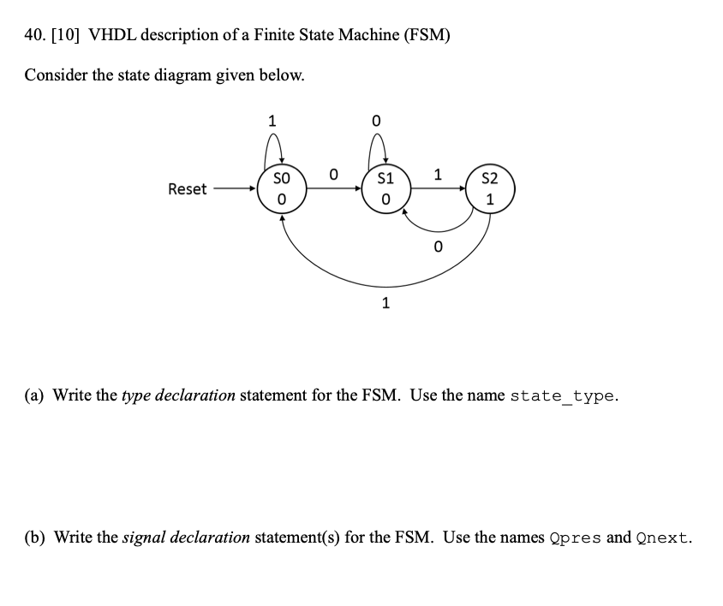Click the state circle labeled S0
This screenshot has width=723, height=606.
pos(280,188)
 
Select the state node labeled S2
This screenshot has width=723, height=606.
pos(489,188)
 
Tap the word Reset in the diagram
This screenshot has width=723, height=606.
pos(187,189)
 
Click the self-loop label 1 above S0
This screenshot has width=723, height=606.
pos(272,121)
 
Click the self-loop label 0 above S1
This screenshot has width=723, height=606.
pos(376,121)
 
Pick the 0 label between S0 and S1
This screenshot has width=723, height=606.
pos(333,175)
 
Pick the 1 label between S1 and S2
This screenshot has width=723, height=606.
pos(438,175)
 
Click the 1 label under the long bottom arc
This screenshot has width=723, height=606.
pos(385,302)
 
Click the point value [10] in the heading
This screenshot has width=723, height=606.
pos(69,35)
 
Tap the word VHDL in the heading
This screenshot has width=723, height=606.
pos(113,35)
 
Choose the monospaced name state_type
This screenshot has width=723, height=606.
pos(562,395)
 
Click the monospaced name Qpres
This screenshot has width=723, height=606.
pos(574,538)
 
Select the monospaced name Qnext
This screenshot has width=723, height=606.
pos(664,538)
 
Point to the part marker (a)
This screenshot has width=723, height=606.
pos(35,395)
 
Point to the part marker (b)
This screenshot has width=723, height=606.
pos(35,538)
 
